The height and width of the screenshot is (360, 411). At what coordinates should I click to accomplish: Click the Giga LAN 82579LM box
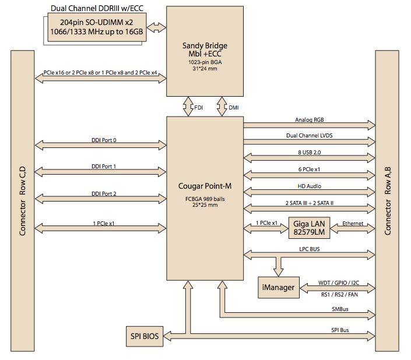pos(308,228)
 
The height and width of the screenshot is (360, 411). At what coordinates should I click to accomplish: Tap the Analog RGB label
pos(310,120)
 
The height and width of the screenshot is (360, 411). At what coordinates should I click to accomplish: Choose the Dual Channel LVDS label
pos(310,136)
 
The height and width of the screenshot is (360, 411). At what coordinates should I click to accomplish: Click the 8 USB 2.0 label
pos(309,152)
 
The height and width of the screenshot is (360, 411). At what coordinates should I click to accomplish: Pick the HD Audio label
pos(309,186)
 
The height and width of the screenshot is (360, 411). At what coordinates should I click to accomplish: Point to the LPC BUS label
pos(309,249)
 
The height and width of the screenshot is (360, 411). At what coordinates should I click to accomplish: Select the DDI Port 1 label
pos(103,167)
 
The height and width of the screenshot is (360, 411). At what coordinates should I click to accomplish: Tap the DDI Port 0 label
pos(103,140)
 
